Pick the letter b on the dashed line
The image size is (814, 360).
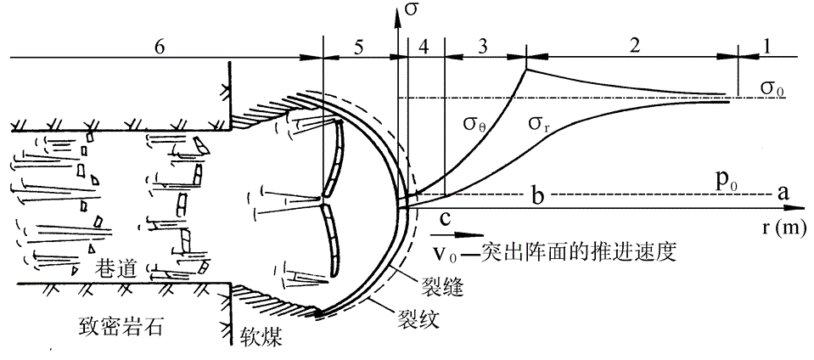click(538, 195)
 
